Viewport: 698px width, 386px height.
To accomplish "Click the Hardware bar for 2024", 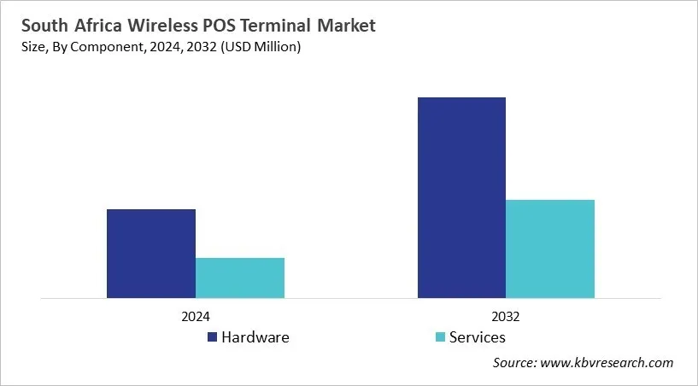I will (x=150, y=254).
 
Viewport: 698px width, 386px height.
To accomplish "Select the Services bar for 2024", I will (x=239, y=278).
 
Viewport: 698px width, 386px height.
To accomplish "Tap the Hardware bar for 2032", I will (x=461, y=197).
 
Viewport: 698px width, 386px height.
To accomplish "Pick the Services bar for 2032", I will (x=550, y=249).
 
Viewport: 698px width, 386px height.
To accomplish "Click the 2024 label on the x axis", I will (x=195, y=315).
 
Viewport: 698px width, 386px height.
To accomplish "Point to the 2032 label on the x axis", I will (x=506, y=315).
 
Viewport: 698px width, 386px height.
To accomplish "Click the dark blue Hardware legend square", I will (x=212, y=337).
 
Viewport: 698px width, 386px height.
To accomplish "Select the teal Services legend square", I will (x=440, y=337).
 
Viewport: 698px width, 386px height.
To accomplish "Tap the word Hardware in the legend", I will (x=255, y=337).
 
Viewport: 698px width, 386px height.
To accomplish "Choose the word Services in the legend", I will (x=478, y=337).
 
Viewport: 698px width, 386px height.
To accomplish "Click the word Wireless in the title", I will (x=151, y=26).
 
